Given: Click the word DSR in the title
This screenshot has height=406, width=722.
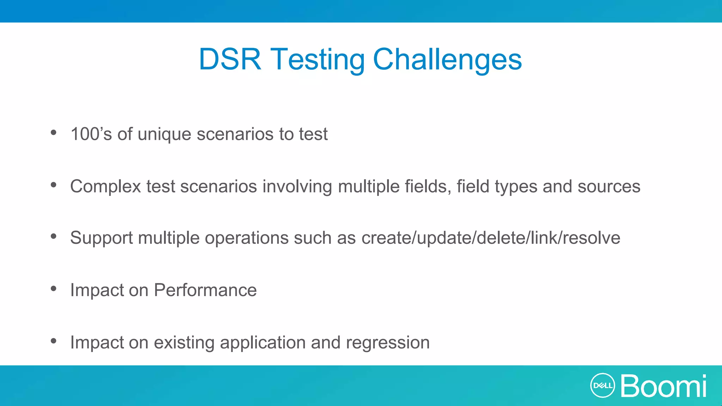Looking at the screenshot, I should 230,59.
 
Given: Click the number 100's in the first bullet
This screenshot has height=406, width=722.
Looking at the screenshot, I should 91,134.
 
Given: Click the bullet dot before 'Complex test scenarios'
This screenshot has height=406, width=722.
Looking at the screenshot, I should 54,185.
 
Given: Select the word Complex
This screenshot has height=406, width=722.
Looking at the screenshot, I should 105,187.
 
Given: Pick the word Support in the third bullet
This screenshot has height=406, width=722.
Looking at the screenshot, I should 101,238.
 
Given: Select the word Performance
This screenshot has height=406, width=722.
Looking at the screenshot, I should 205,290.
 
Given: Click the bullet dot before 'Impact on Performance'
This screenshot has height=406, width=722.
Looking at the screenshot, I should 54,289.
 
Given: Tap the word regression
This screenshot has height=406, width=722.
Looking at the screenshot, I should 387,343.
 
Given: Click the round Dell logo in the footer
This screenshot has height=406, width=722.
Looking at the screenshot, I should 602,386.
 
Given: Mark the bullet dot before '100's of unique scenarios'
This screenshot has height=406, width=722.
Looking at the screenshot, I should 54,133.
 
